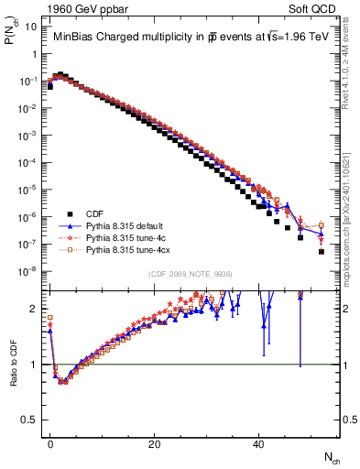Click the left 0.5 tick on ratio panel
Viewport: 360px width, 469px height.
[x=29, y=420]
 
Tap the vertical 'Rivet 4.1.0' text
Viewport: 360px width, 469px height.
[x=350, y=78]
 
